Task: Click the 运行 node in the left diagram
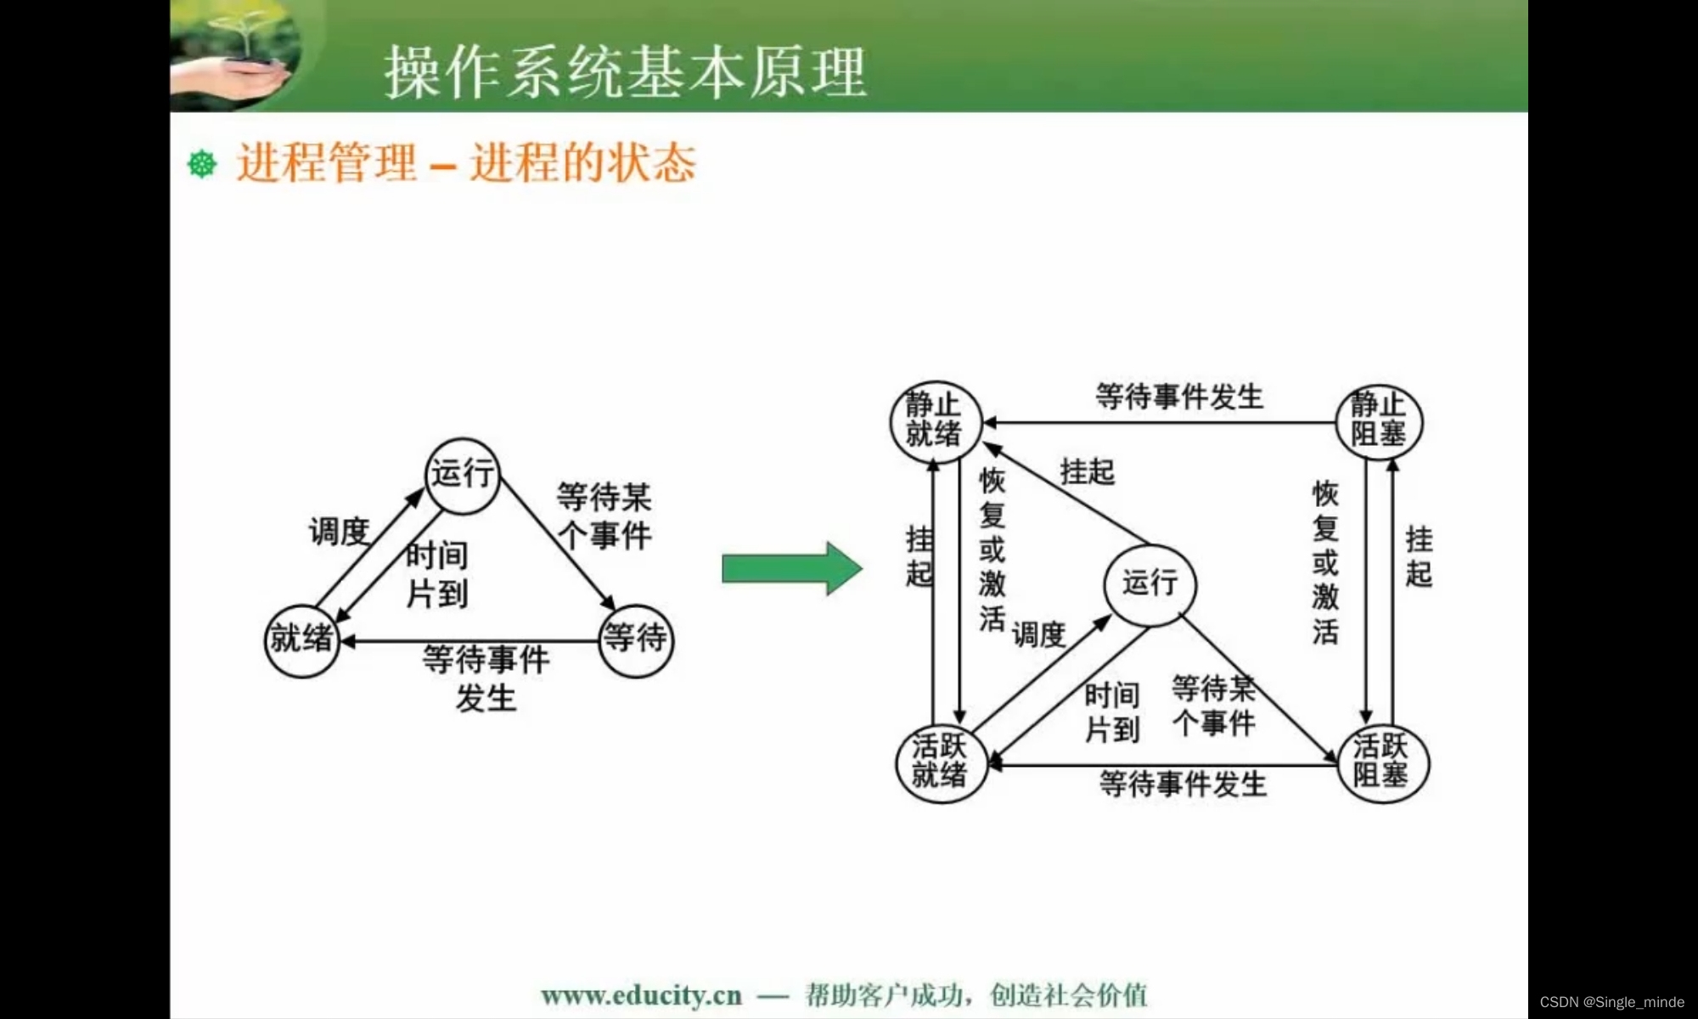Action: [462, 476]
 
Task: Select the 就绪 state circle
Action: [301, 640]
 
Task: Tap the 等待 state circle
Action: [635, 640]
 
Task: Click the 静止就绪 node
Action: [935, 421]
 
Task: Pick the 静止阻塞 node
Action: [1379, 421]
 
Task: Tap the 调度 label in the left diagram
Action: [339, 532]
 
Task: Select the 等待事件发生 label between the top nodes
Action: [1178, 397]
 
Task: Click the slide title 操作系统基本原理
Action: [625, 71]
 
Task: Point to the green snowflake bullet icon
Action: [202, 164]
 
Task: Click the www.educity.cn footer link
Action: [641, 995]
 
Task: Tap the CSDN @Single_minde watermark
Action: [1611, 1002]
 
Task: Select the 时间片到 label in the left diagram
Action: [436, 575]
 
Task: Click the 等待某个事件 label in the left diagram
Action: [604, 516]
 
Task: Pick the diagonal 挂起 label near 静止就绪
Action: [1087, 472]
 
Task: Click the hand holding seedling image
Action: [238, 56]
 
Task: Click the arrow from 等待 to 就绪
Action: [471, 641]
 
